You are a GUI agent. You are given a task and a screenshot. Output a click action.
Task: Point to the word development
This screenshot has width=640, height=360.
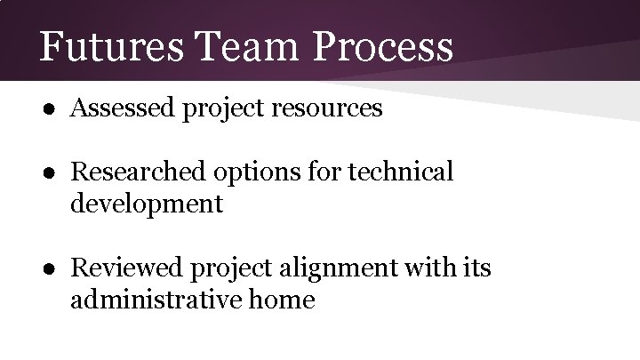tap(147, 204)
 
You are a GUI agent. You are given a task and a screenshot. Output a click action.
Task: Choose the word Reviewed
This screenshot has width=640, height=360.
tap(124, 267)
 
